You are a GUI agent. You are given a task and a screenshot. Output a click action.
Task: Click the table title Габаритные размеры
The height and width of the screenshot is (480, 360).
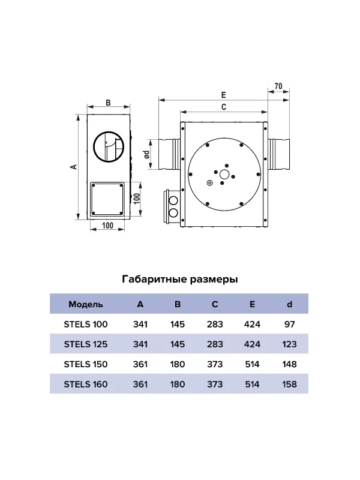click(179, 279)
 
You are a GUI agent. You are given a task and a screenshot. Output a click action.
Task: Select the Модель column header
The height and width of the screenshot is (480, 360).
click(86, 304)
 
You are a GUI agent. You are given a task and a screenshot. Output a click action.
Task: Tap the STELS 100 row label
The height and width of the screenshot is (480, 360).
click(86, 324)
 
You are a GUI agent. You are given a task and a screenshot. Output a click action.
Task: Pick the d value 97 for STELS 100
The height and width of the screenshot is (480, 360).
click(289, 324)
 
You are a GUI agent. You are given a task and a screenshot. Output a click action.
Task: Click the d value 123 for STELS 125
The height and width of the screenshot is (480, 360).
click(289, 344)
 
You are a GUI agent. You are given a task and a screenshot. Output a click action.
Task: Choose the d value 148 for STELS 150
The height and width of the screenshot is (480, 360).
click(289, 364)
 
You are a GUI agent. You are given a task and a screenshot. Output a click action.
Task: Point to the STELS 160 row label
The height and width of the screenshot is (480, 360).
click(86, 384)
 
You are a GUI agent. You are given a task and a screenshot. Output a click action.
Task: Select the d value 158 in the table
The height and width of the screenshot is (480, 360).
click(289, 384)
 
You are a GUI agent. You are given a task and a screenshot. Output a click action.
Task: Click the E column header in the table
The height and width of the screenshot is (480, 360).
click(252, 304)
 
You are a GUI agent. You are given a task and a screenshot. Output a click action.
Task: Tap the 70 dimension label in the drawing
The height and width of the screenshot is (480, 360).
click(278, 86)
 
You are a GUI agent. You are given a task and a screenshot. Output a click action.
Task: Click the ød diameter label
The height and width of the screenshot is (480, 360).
click(147, 154)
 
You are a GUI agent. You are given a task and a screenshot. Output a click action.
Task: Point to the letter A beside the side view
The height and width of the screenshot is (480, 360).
click(74, 167)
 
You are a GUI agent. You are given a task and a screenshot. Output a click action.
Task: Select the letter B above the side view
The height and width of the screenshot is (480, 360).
click(108, 103)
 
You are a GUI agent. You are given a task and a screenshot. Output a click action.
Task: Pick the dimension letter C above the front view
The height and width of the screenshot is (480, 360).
click(224, 107)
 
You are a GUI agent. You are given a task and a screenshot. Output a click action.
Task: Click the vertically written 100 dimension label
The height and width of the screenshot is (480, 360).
click(137, 199)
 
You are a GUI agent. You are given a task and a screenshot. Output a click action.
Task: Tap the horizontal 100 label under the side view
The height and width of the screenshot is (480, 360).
click(107, 226)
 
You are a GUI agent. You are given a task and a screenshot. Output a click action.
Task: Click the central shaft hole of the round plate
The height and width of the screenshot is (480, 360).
click(224, 175)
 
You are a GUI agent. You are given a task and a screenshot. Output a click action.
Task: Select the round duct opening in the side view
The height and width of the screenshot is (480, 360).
click(109, 147)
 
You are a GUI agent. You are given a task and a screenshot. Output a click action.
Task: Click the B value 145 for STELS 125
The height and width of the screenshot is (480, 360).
click(178, 344)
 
